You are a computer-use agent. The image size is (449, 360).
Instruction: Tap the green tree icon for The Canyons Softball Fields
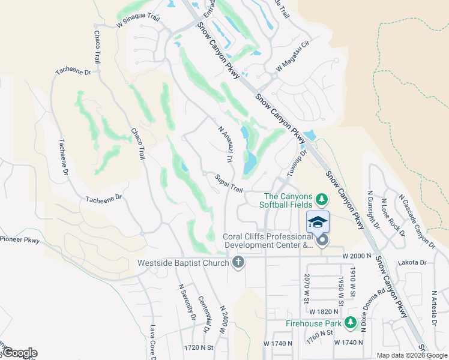(322, 199)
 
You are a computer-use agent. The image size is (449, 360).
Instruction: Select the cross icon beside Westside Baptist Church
(238, 262)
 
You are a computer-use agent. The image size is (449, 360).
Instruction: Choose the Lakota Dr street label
(412, 262)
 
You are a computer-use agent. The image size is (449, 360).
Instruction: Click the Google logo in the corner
(19, 353)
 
